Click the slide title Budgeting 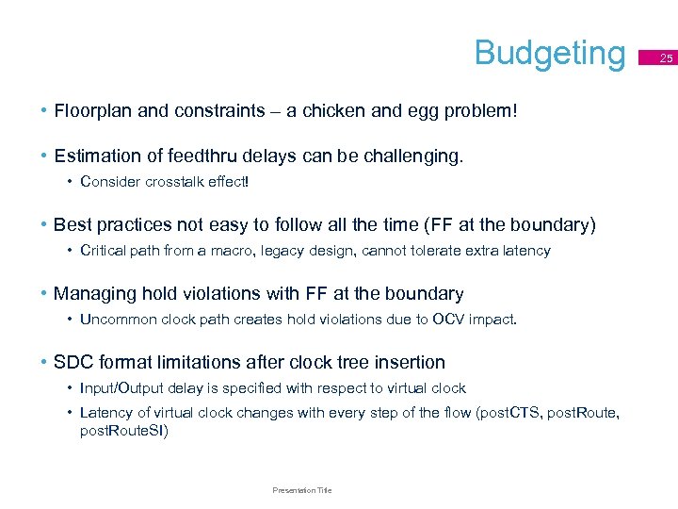(550, 53)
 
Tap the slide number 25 (667, 58)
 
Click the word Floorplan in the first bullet (92, 111)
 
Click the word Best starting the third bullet (73, 225)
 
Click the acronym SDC (74, 363)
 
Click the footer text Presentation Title (301, 490)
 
